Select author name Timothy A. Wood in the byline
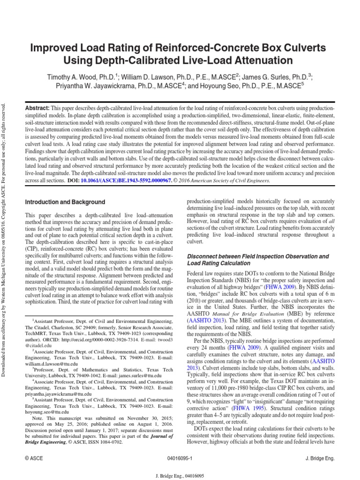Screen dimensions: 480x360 coord(73,76)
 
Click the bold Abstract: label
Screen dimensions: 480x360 coord(38,108)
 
